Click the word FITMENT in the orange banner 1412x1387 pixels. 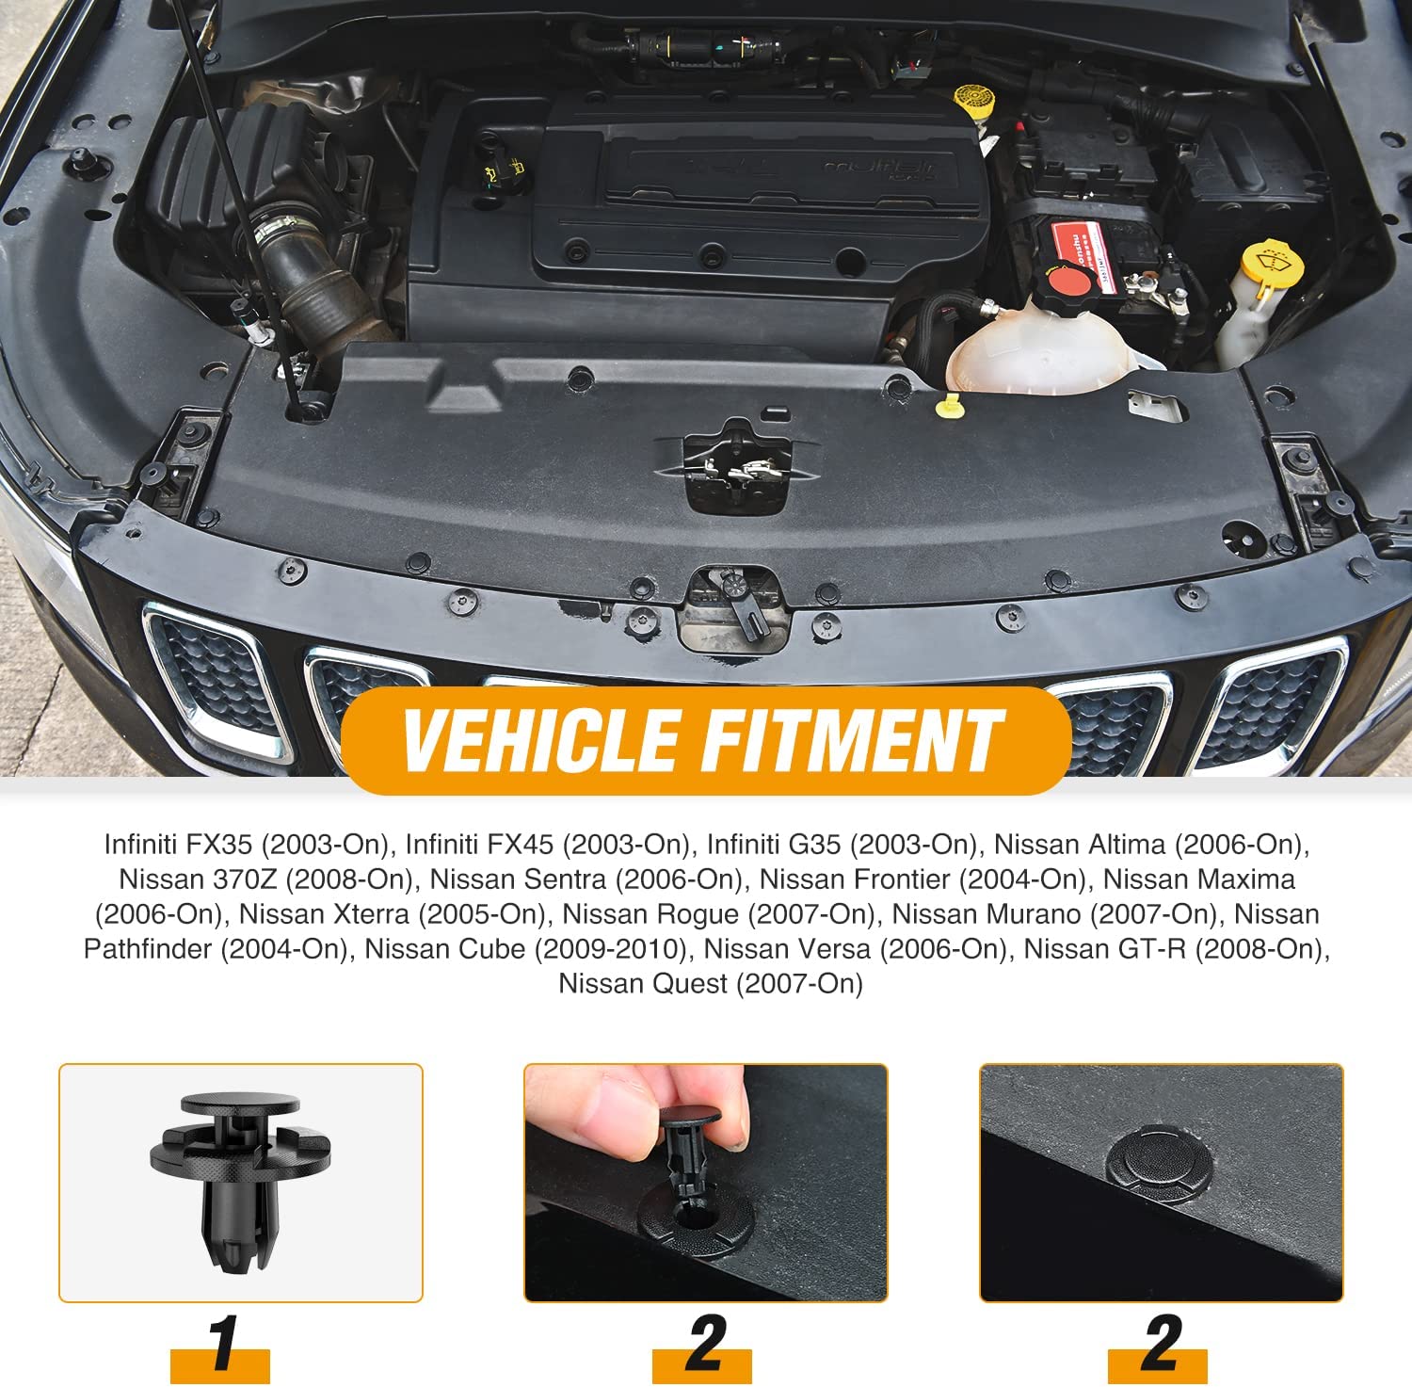pyautogui.click(x=852, y=740)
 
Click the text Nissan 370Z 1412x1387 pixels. pyautogui.click(x=198, y=879)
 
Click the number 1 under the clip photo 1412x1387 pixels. pyautogui.click(x=224, y=1343)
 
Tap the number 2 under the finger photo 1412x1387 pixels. pyautogui.click(x=705, y=1343)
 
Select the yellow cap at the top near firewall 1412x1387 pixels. pyautogui.click(x=970, y=99)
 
